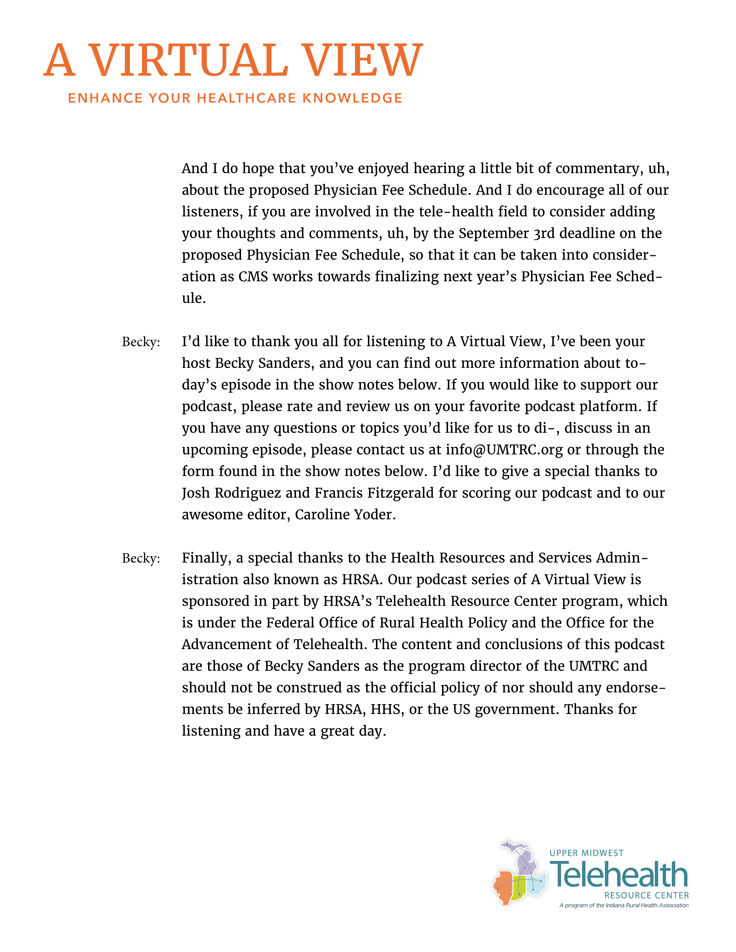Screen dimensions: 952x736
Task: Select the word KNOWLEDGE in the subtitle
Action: click(352, 98)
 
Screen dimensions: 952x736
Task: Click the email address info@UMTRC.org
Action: click(504, 449)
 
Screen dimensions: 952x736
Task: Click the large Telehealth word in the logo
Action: click(619, 875)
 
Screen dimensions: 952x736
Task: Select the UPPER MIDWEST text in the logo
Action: click(586, 853)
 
